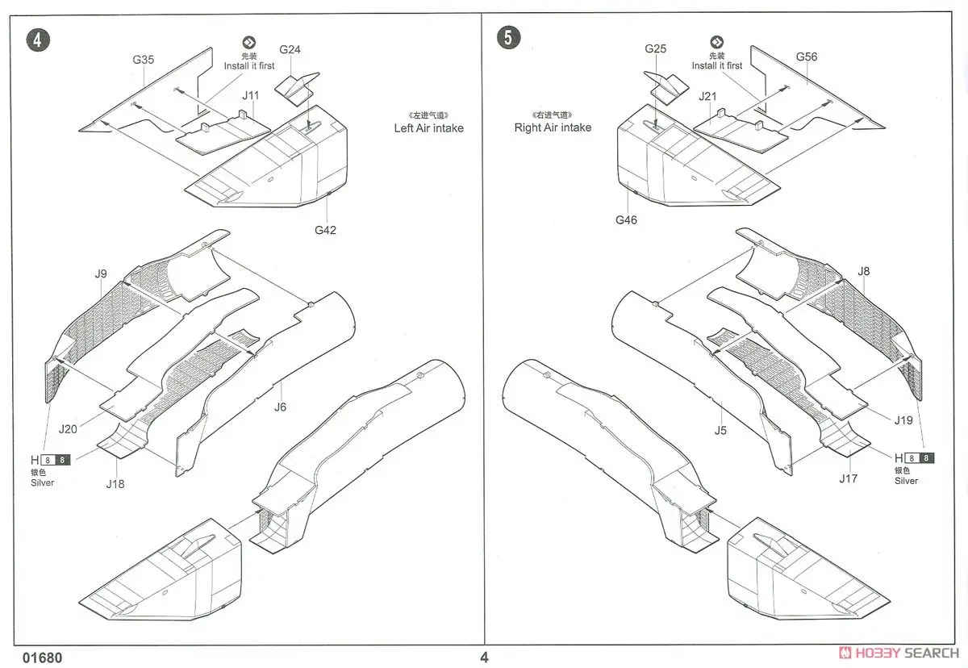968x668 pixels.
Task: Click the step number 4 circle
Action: tap(38, 40)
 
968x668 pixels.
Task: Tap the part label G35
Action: tap(144, 60)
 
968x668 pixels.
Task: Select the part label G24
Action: tap(290, 50)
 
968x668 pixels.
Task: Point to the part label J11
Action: tap(251, 95)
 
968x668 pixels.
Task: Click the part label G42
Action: tap(326, 230)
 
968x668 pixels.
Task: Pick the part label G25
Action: tap(656, 49)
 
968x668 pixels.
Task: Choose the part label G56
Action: tap(807, 56)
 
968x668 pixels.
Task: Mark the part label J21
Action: tap(707, 96)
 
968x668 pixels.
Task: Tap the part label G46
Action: tap(626, 219)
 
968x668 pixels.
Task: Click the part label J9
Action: tap(101, 273)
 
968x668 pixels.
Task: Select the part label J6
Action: tap(280, 407)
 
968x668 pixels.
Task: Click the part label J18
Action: tap(116, 484)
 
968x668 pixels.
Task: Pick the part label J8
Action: tap(864, 271)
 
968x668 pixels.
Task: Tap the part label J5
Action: tap(720, 430)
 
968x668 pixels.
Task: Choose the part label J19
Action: tap(903, 420)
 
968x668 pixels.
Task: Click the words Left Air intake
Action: tap(428, 127)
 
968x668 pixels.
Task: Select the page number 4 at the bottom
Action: tap(484, 657)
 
